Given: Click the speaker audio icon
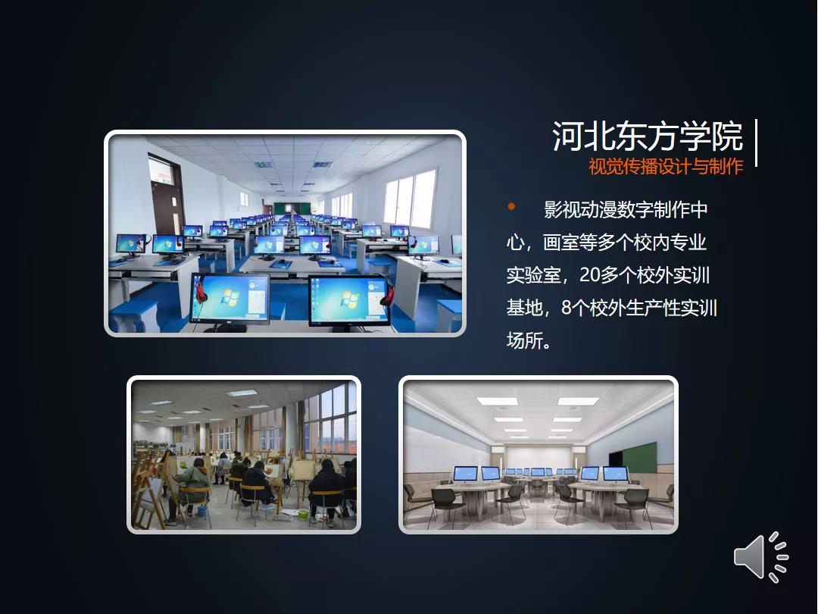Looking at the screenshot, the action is tap(760, 557).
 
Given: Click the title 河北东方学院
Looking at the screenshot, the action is tap(648, 136).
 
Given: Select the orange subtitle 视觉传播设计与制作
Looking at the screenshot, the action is tap(666, 167).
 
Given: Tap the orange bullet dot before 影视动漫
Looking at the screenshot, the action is tap(511, 207).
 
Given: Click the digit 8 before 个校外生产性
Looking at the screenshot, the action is tap(567, 308).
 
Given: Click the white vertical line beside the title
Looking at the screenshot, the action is tap(756, 143).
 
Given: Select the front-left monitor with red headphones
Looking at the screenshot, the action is tap(229, 300).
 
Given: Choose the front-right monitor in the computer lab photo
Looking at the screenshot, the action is tap(349, 301).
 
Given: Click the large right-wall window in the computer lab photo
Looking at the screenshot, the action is tap(410, 198).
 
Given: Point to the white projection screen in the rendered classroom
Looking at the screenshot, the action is tap(539, 458).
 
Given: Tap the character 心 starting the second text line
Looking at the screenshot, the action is tap(516, 243).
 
